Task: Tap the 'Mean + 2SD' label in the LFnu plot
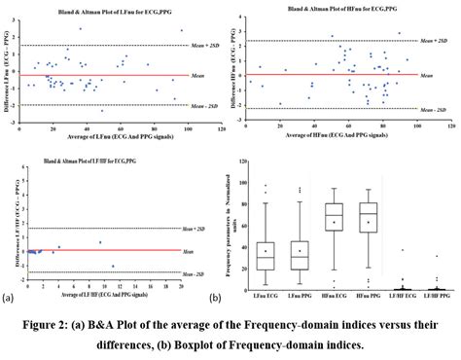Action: (x=206, y=47)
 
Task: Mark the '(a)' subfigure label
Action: (x=10, y=296)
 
